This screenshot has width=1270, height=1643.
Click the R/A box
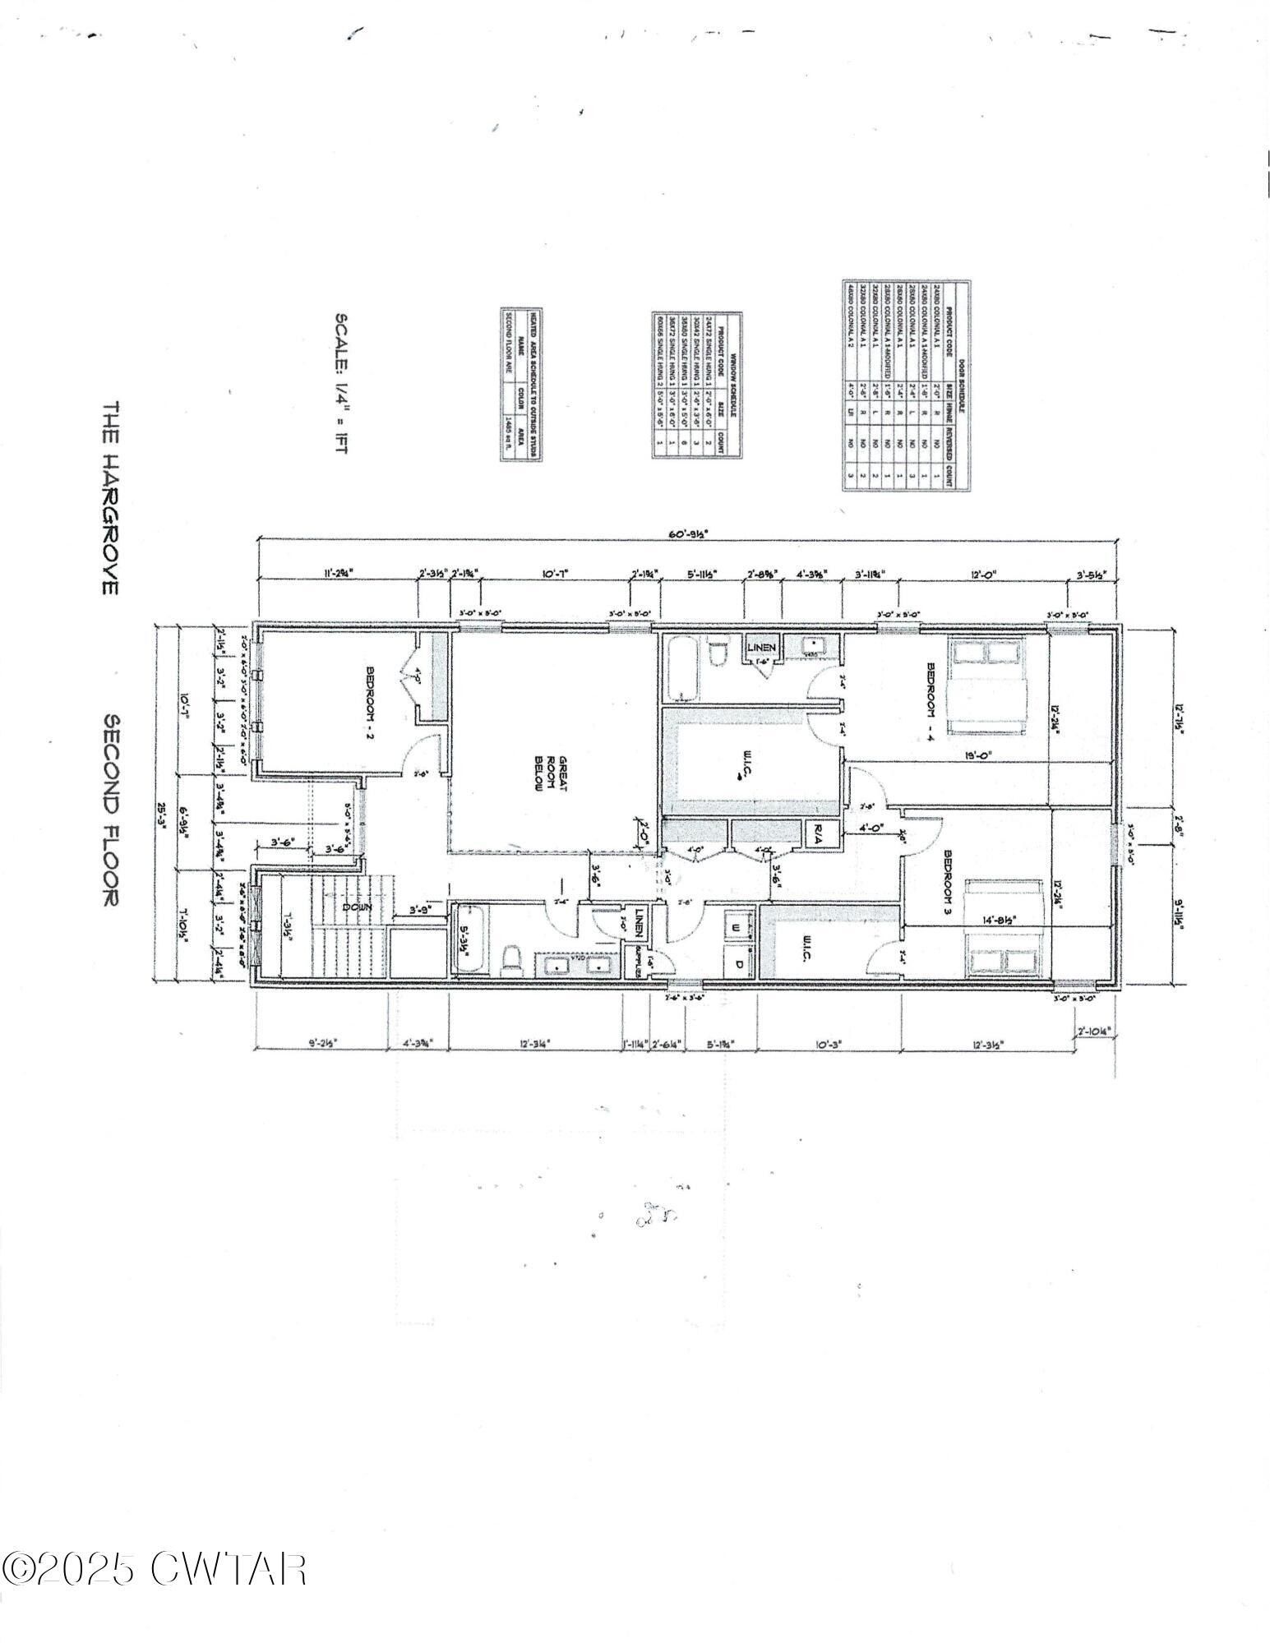820,839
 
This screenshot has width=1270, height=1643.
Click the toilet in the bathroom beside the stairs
511,957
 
